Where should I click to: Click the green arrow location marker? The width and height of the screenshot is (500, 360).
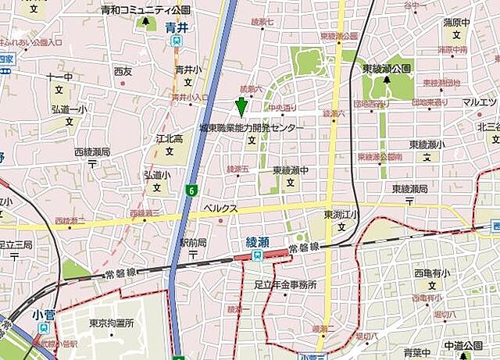point(241,105)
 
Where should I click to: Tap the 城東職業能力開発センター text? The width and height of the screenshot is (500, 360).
point(251,127)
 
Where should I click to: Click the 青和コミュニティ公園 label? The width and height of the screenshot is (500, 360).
point(145,10)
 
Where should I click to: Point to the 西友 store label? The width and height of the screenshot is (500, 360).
point(123,71)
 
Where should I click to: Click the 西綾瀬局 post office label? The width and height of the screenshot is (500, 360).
point(92,152)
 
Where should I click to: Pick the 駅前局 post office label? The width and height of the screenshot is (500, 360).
point(192,243)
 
